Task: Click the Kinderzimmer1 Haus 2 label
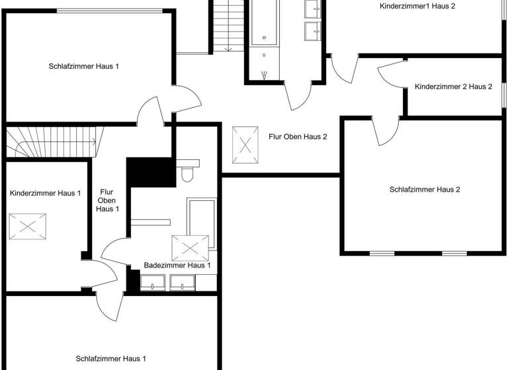pyautogui.click(x=417, y=6)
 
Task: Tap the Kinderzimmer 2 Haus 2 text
pyautogui.click(x=453, y=87)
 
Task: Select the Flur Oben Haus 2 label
pyautogui.click(x=298, y=137)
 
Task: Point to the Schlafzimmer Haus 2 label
pyautogui.click(x=424, y=190)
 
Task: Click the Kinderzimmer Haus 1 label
pyautogui.click(x=45, y=194)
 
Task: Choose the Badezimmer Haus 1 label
pyautogui.click(x=177, y=266)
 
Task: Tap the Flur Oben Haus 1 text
pyautogui.click(x=107, y=200)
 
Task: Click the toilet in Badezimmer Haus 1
pyautogui.click(x=187, y=173)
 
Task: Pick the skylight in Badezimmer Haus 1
pyautogui.click(x=190, y=248)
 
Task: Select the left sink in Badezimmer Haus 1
pyautogui.click(x=153, y=283)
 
